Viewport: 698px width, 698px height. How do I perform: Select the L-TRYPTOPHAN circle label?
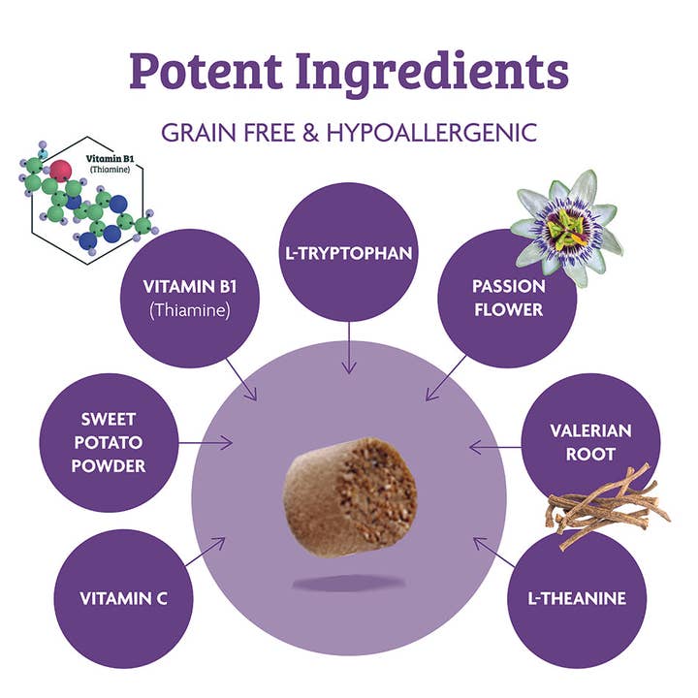tap(349, 254)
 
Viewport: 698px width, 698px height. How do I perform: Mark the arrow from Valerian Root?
tap(491, 447)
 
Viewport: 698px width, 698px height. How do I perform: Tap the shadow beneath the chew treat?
tap(348, 581)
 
